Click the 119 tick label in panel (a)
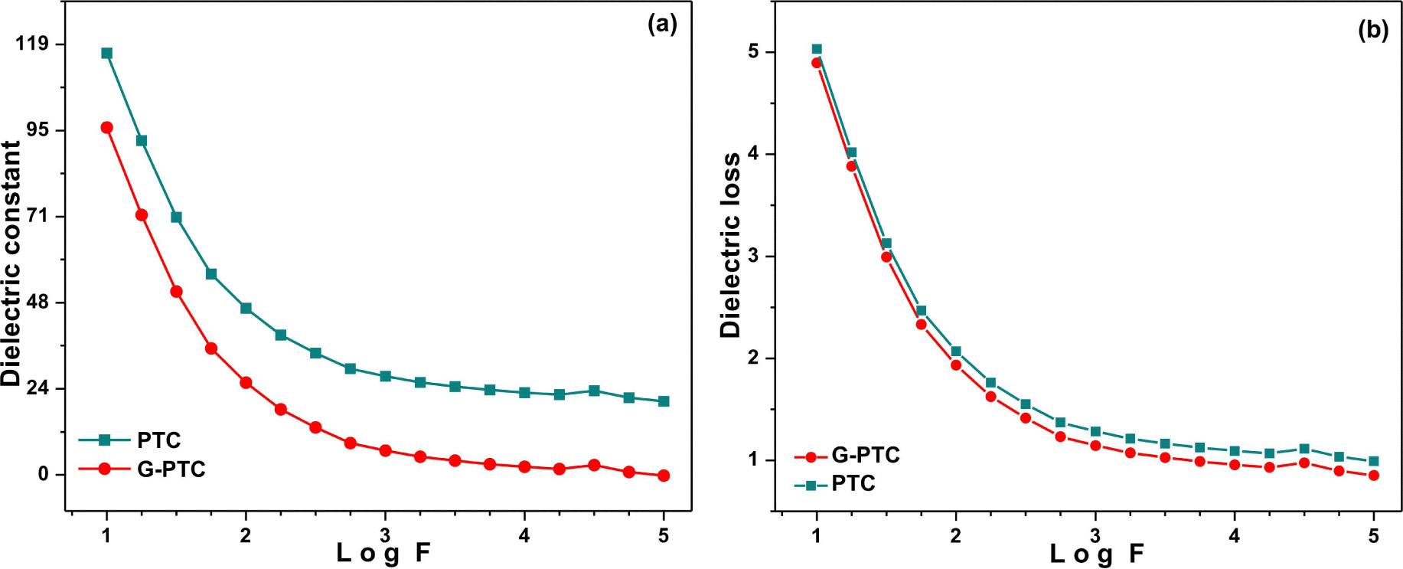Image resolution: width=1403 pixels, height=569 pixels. pyautogui.click(x=32, y=44)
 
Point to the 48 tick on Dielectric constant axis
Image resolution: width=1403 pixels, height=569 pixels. pyautogui.click(x=37, y=302)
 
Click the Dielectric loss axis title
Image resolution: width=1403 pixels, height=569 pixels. pyautogui.click(x=731, y=245)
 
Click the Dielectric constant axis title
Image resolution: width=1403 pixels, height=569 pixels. pyautogui.click(x=11, y=263)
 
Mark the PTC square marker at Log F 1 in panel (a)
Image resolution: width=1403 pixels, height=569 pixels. pyautogui.click(x=106, y=53)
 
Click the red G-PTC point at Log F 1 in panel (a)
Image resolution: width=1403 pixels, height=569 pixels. pyautogui.click(x=106, y=127)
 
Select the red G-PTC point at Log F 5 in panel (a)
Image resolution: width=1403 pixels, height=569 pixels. pyautogui.click(x=664, y=476)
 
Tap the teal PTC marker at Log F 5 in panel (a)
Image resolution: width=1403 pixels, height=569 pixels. pyautogui.click(x=664, y=401)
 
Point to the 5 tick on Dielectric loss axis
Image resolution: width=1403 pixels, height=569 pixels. pyautogui.click(x=755, y=52)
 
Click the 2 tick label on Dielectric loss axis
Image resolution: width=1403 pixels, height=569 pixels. pyautogui.click(x=755, y=358)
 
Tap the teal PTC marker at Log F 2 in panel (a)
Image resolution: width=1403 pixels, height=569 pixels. pyautogui.click(x=246, y=308)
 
